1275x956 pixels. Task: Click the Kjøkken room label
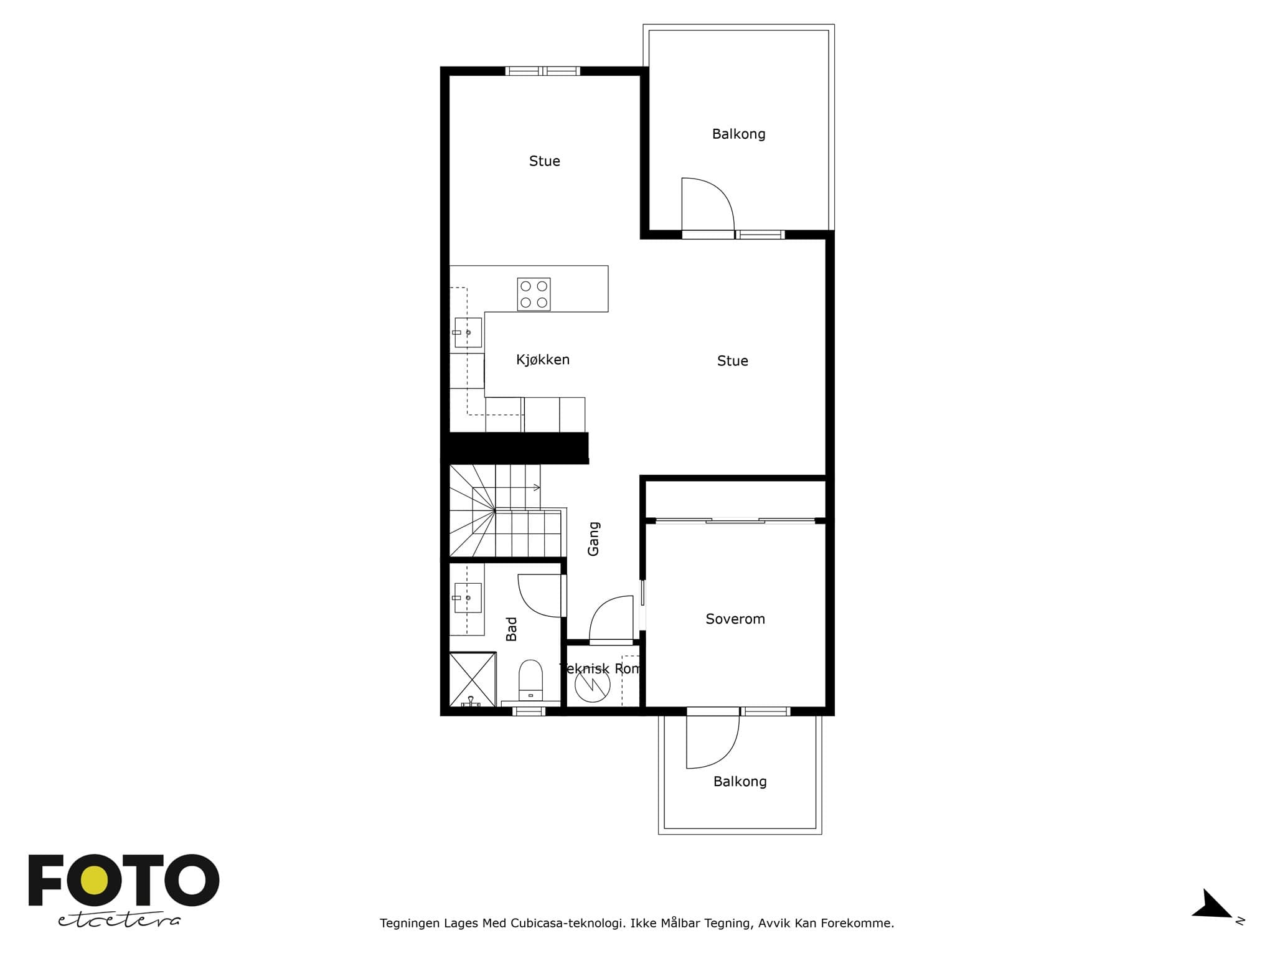tap(543, 360)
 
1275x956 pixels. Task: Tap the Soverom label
tap(735, 619)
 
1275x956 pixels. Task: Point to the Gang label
tap(593, 538)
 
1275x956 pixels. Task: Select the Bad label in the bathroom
tap(511, 629)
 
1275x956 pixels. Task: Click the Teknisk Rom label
tap(600, 668)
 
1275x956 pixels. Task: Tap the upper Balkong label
tap(738, 134)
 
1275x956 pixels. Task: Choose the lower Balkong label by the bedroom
tap(740, 781)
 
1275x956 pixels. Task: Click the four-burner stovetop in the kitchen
tap(534, 294)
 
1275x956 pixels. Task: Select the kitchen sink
tap(468, 332)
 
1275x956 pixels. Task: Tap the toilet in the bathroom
tap(530, 680)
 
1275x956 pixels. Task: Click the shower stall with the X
tap(473, 679)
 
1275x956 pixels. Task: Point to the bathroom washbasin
tap(468, 597)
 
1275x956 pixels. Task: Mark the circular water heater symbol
tap(592, 685)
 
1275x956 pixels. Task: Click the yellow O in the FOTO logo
tap(94, 881)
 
